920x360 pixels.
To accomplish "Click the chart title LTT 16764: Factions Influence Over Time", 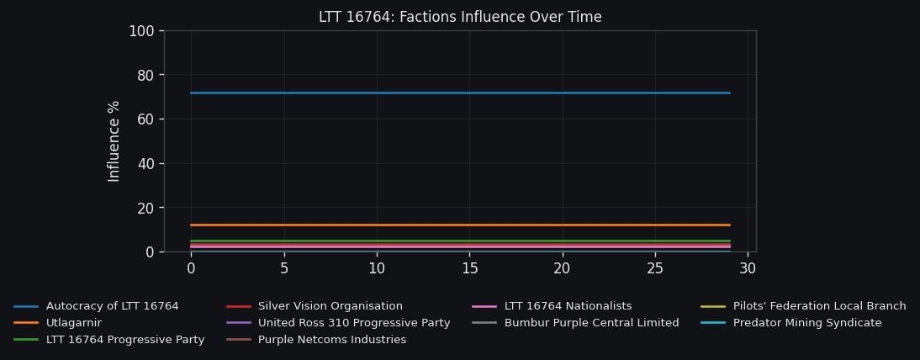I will (x=460, y=17).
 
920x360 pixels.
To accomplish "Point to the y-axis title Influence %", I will (x=114, y=140).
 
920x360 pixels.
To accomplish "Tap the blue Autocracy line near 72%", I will (x=460, y=93).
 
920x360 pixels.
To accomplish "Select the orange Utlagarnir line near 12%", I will (x=460, y=225).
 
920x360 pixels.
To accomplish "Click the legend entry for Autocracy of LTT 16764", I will (x=112, y=306).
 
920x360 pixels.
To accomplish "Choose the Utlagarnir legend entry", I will (x=74, y=323).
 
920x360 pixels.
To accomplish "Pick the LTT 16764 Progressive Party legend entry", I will (x=125, y=340).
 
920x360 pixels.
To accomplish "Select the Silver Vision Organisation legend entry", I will (x=330, y=306).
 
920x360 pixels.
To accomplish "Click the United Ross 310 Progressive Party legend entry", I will (x=354, y=323).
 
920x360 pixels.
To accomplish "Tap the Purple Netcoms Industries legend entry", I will (x=331, y=340).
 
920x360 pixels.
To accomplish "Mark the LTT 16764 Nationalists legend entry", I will (x=568, y=306).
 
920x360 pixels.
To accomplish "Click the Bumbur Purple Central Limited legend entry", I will (x=591, y=323).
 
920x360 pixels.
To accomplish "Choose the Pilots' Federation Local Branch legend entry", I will (x=819, y=306).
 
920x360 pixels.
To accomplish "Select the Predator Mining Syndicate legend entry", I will (x=807, y=323).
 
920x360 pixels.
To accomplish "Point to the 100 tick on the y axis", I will (x=141, y=31).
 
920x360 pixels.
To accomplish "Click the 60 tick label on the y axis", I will (x=145, y=119).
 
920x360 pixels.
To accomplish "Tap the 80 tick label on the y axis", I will (x=145, y=75).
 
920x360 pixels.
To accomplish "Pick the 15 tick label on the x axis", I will (x=469, y=268).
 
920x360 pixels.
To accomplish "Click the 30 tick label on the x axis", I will (x=748, y=268).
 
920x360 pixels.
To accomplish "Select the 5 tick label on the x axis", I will (x=284, y=268).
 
